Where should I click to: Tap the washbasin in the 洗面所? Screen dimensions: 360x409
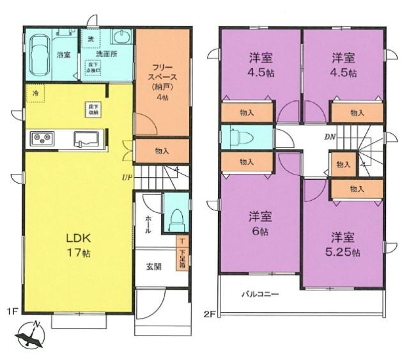[121, 36]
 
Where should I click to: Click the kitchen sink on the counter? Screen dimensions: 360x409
[86, 138]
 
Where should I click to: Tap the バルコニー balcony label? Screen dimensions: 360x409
[260, 295]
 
